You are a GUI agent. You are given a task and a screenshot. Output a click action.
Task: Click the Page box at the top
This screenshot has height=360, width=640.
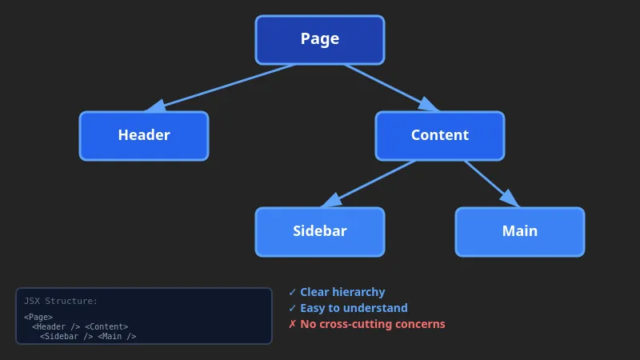tap(320, 39)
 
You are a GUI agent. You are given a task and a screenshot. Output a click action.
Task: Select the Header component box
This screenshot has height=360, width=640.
tap(144, 135)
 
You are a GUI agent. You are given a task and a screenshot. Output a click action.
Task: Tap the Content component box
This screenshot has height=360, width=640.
tap(440, 135)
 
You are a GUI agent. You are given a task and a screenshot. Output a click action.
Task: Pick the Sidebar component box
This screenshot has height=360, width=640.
tap(320, 231)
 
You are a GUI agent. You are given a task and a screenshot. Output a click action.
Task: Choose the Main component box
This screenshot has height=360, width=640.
tap(520, 231)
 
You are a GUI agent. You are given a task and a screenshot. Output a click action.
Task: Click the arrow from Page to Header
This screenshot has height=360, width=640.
tap(224, 87)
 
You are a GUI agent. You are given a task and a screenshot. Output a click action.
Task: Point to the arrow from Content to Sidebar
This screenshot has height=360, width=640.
tap(372, 182)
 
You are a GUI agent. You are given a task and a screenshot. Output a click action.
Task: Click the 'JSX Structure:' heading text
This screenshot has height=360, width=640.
tap(61, 302)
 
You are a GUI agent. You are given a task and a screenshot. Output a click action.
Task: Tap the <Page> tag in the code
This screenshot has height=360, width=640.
tap(38, 318)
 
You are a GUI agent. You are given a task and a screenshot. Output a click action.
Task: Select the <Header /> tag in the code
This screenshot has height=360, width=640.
tap(56, 327)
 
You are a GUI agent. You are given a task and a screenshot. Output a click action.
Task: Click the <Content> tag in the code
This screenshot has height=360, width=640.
tap(106, 327)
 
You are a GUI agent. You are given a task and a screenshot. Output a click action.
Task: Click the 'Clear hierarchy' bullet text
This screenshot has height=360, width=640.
tap(342, 293)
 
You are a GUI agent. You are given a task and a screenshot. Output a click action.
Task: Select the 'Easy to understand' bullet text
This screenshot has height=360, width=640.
tap(354, 309)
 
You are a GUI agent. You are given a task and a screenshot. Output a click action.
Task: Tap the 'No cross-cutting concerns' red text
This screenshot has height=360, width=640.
tap(373, 325)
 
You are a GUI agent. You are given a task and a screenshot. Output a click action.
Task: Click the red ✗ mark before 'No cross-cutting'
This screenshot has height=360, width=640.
tap(293, 325)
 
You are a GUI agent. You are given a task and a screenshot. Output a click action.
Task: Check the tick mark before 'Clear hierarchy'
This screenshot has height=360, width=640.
tap(293, 293)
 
